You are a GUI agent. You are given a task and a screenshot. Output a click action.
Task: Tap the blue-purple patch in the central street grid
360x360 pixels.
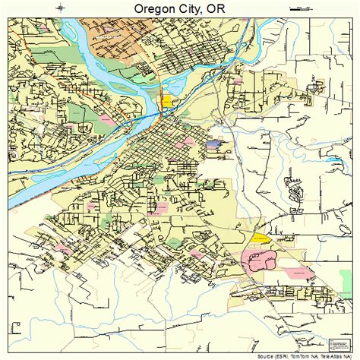[213, 143]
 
